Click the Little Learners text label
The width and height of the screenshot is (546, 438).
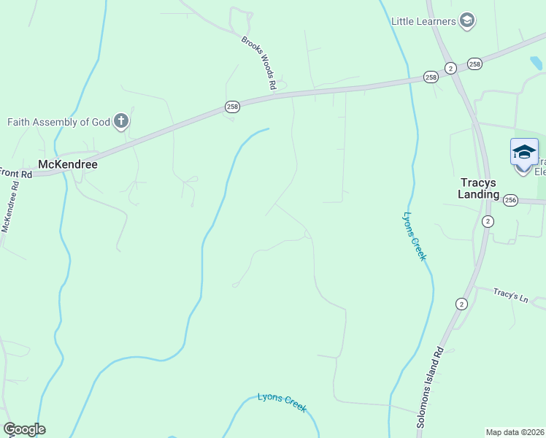[423, 21]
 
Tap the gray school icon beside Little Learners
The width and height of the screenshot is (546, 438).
[467, 21]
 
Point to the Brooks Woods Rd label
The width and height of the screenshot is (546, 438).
[259, 63]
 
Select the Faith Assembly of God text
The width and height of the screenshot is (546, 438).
[58, 122]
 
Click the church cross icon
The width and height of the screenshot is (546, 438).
[121, 121]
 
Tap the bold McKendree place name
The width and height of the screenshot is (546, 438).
[67, 164]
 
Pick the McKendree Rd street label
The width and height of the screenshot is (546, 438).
[9, 207]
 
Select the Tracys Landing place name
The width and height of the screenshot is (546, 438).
[480, 188]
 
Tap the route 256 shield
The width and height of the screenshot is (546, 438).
[510, 200]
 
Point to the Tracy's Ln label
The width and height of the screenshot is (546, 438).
[510, 295]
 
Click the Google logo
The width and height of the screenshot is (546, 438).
[24, 429]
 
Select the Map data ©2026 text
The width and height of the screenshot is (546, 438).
[515, 432]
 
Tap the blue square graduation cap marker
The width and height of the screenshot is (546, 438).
[524, 152]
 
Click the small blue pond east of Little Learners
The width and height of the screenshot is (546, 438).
[537, 64]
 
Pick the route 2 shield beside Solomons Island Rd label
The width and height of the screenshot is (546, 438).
[461, 304]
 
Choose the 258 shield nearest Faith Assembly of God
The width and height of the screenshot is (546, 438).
[232, 107]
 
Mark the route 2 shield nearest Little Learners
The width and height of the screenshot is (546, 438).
[450, 68]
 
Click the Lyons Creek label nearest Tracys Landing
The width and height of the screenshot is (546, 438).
[415, 237]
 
